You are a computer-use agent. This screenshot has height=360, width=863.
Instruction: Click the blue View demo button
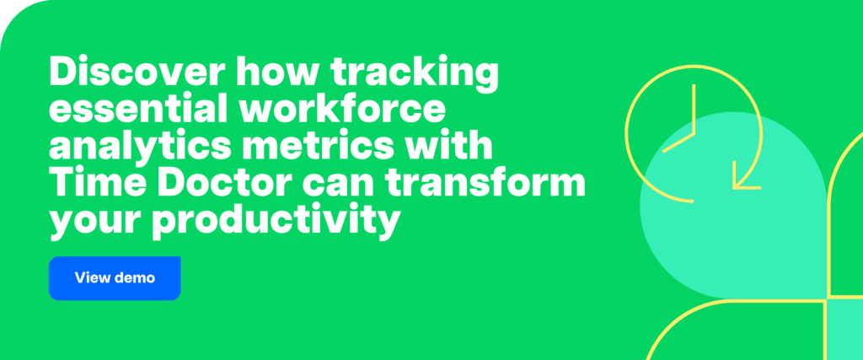click(x=115, y=277)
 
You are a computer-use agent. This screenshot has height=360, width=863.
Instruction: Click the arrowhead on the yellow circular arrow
click(x=746, y=179)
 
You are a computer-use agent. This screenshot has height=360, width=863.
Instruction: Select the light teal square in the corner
click(x=845, y=329)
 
